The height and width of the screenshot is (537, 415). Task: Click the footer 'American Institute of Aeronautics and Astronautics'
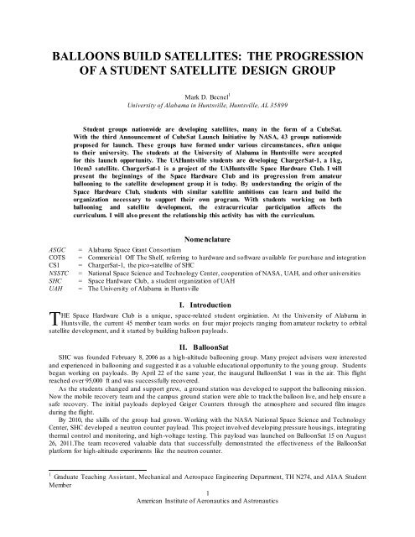pos(206,526)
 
